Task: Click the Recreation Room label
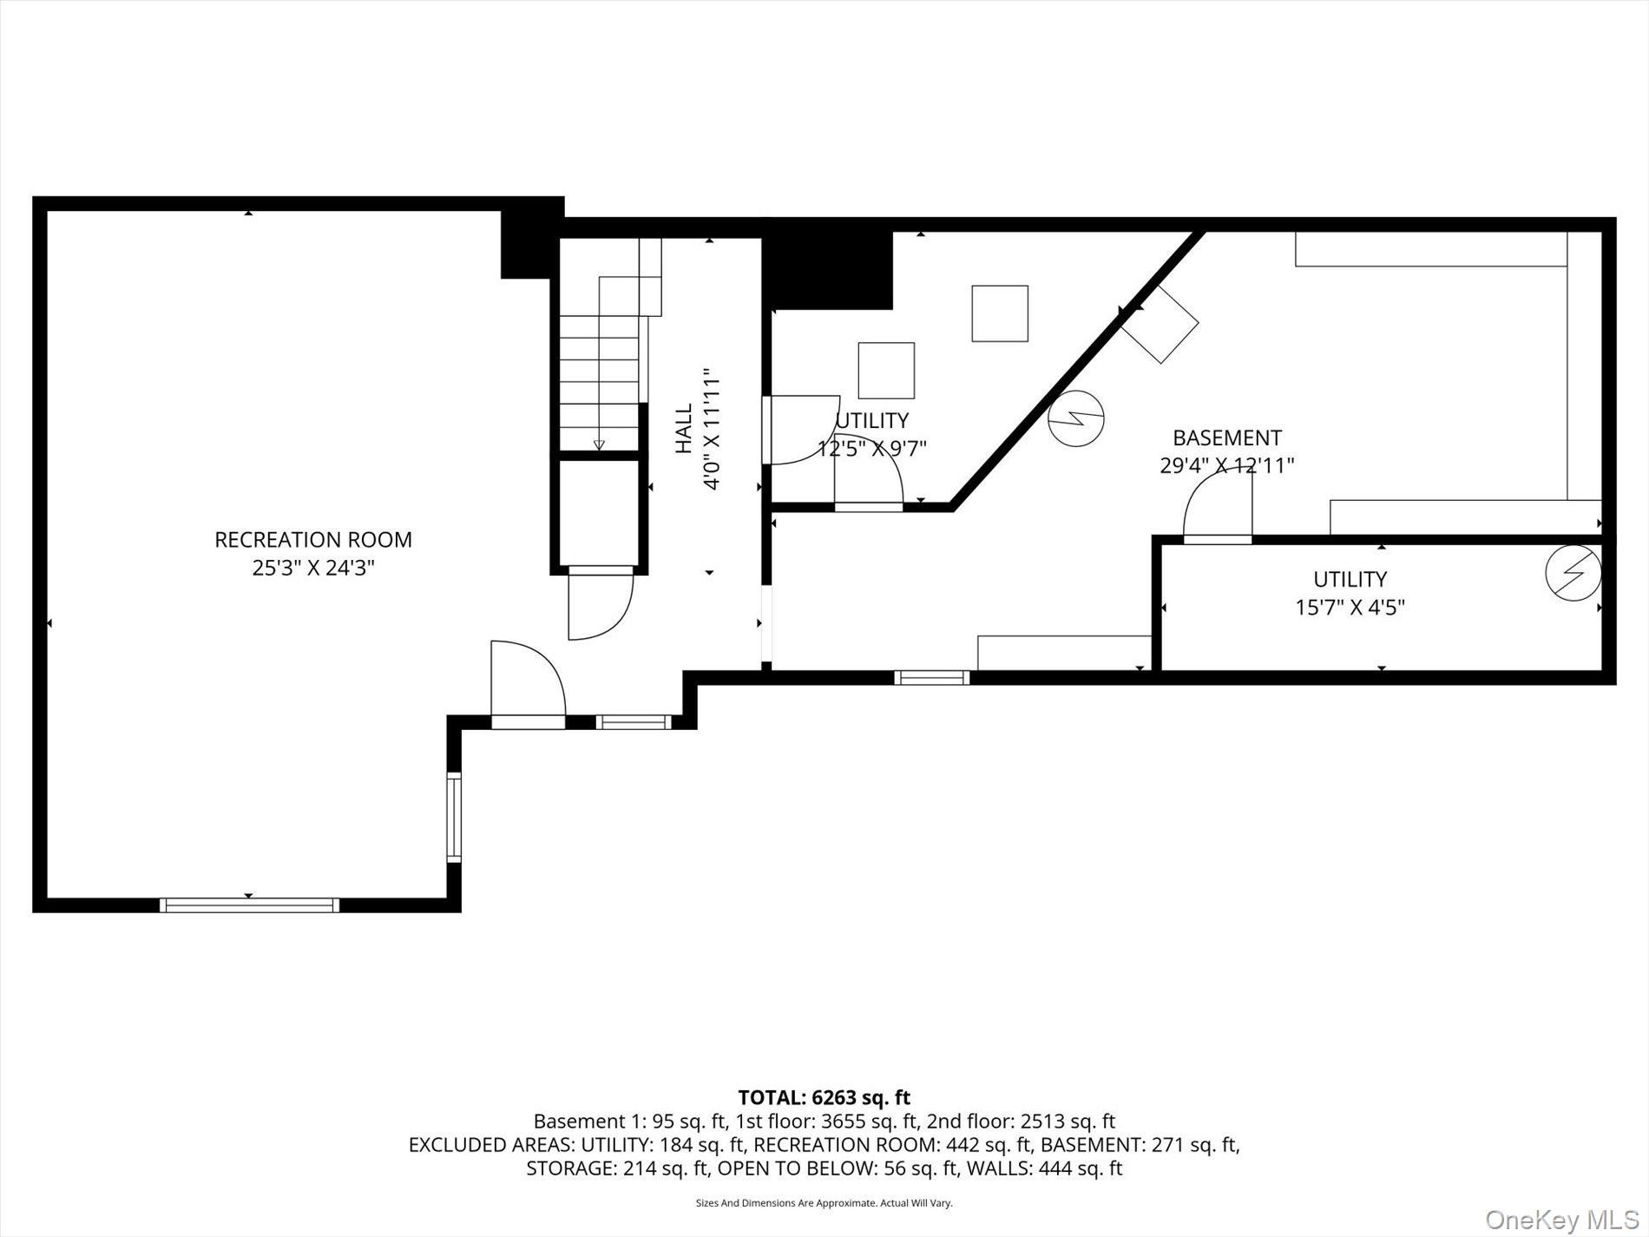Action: [x=313, y=539]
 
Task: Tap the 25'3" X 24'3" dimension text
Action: [x=313, y=569]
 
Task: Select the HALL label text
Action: [x=685, y=428]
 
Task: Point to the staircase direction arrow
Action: [x=599, y=444]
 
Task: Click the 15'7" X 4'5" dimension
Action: [x=1350, y=608]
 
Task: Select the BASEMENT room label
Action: [x=1226, y=438]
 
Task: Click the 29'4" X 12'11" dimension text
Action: [x=1226, y=466]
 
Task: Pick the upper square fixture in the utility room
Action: [x=1000, y=313]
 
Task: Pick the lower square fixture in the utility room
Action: [x=886, y=371]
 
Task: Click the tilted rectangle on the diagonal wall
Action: [x=1160, y=323]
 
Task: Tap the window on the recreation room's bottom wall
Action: [x=249, y=905]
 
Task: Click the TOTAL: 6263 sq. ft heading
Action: [x=824, y=1097]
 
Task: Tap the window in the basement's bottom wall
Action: [x=932, y=677]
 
